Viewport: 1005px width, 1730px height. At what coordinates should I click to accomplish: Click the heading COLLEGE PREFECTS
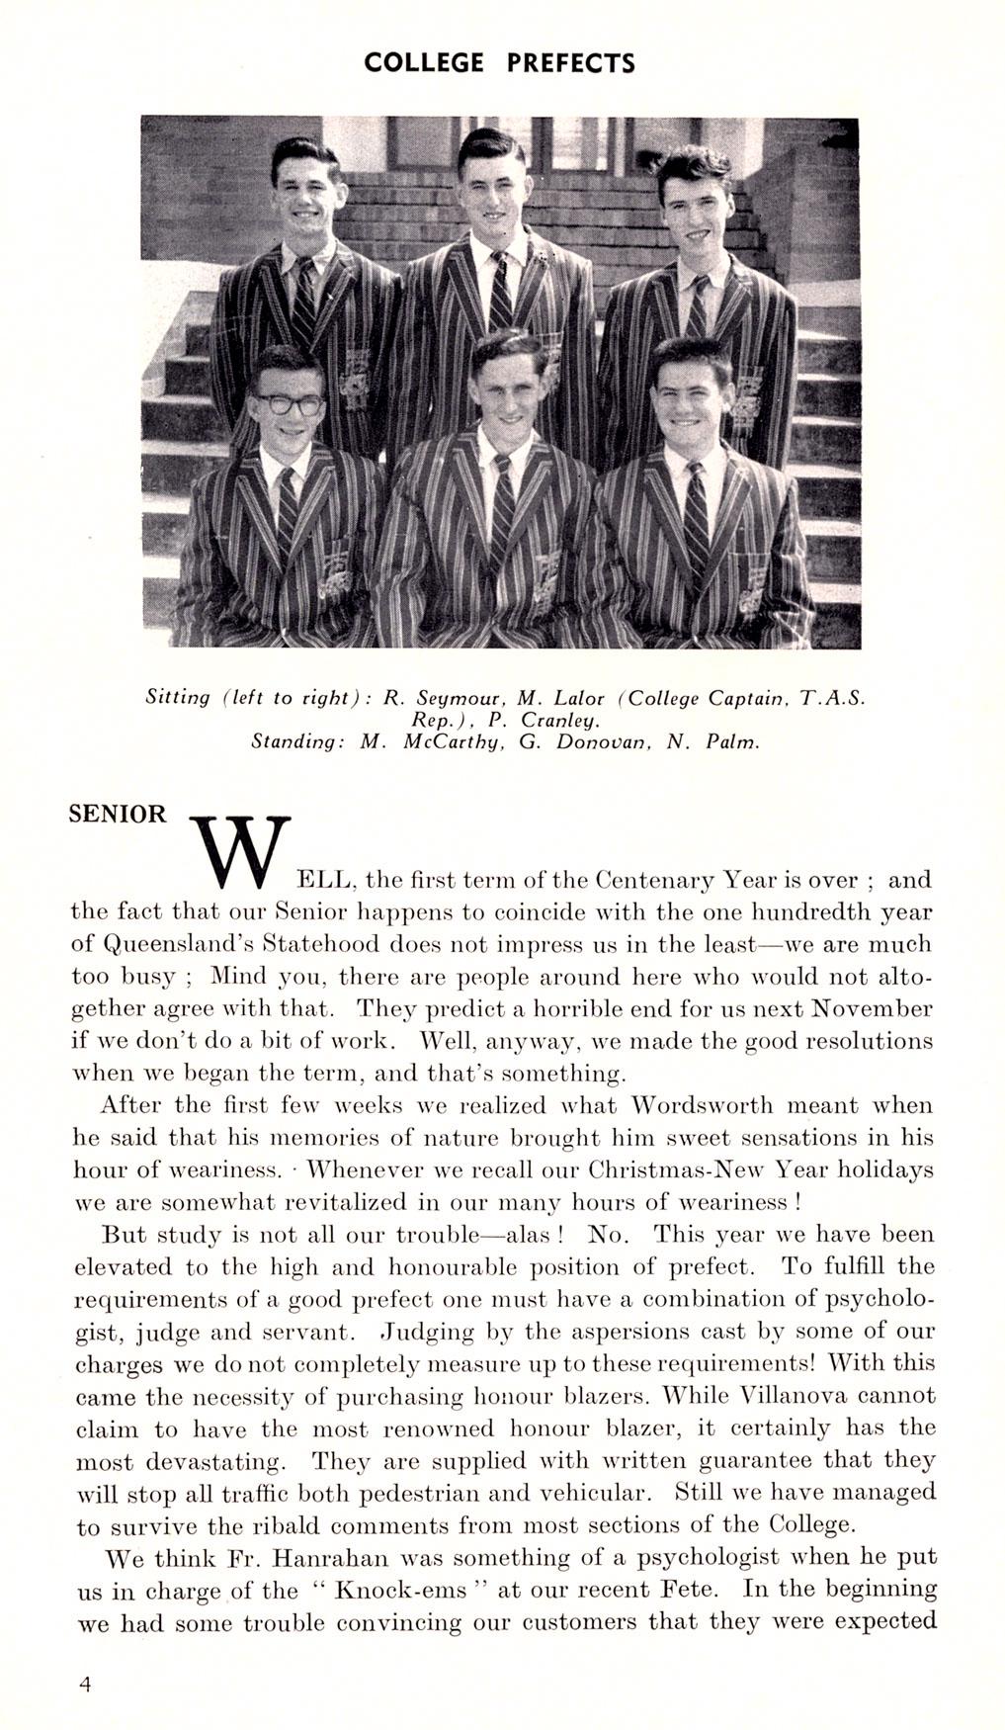coord(499,63)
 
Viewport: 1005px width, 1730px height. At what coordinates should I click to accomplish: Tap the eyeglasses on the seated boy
coord(289,404)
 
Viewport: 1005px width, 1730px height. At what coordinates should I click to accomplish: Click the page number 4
coord(85,1685)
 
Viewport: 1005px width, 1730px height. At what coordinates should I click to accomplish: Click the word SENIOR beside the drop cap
coord(118,814)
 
